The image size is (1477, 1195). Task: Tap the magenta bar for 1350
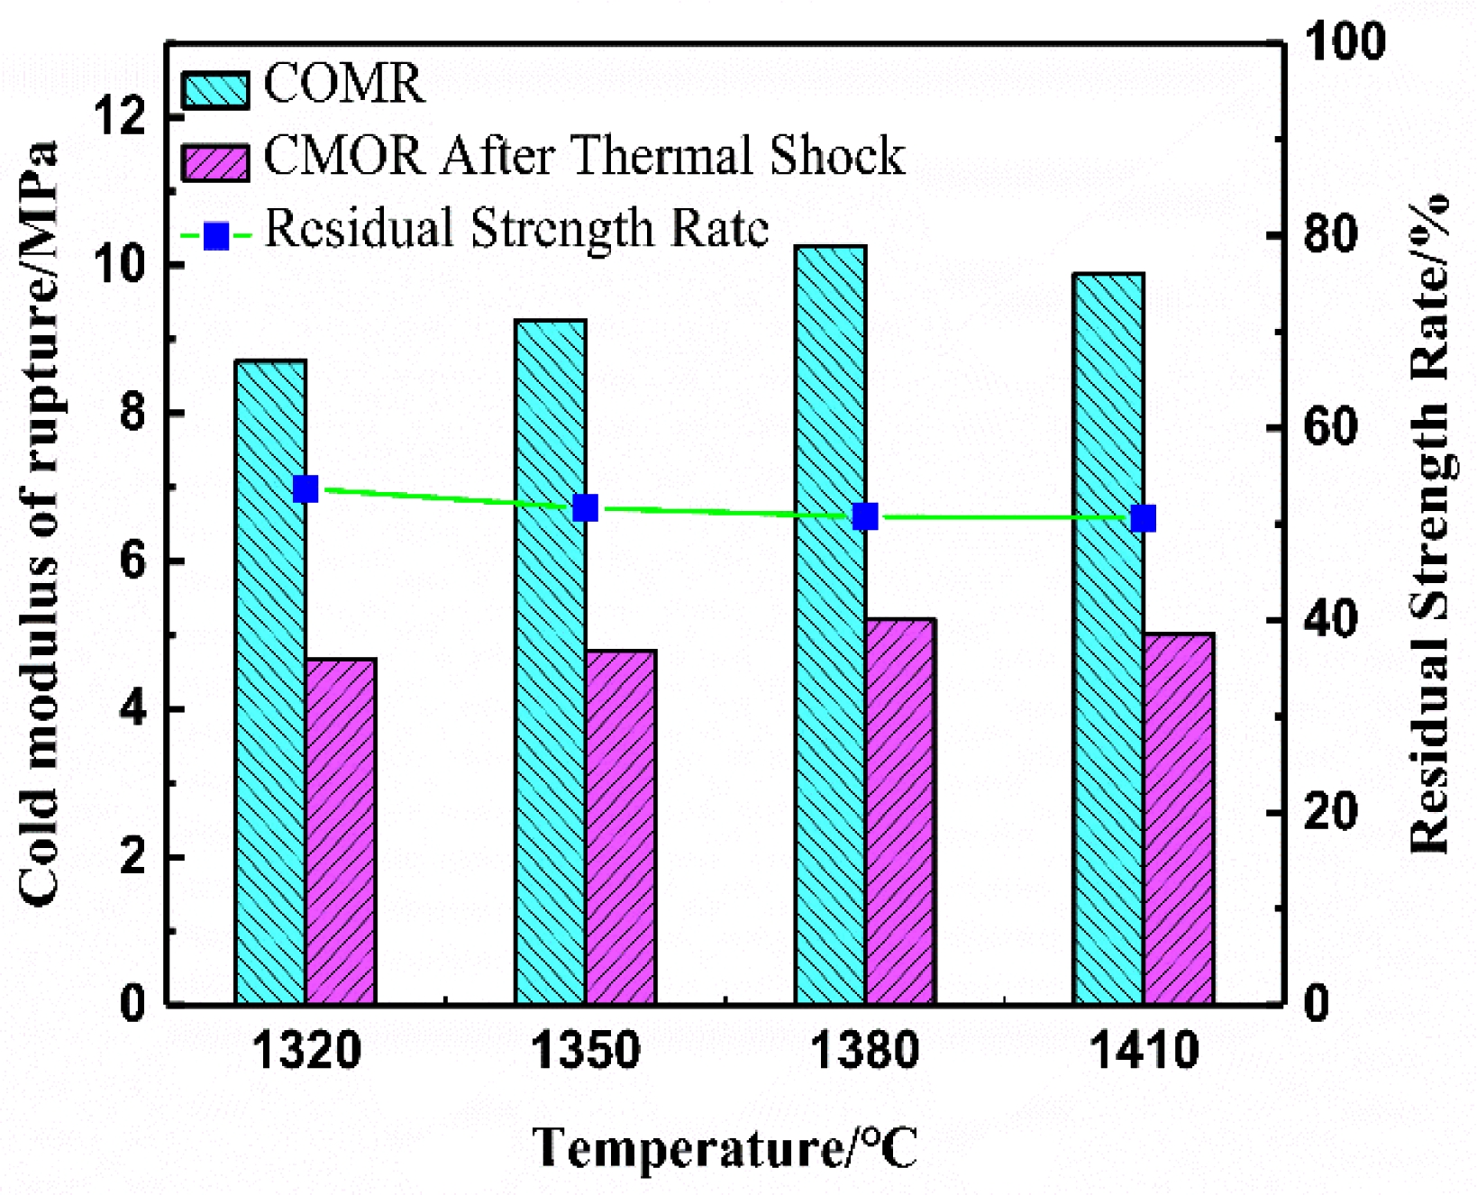coord(621,826)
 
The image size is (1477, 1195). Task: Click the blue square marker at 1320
coord(305,489)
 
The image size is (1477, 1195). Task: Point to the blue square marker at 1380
coord(865,516)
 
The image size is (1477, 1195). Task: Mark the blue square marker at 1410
coord(1144,519)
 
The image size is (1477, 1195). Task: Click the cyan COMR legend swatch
coord(215,90)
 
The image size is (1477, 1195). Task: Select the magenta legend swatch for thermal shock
coord(215,162)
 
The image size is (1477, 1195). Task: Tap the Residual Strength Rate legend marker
coord(216,236)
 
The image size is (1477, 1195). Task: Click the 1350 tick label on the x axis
coord(586,1051)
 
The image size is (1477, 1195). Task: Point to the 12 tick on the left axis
coord(126,117)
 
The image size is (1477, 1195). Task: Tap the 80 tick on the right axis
coord(1330,234)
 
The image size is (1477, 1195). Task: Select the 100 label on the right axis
coord(1343,42)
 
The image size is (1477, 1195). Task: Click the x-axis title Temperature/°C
coord(725,1148)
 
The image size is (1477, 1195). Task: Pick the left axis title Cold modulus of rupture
coord(40,523)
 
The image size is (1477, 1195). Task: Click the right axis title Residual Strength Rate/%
coord(1430,523)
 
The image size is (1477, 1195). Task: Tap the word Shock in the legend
coord(837,156)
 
